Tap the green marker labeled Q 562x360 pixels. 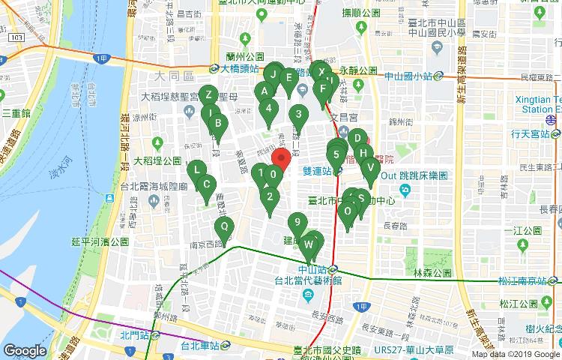(x=223, y=227)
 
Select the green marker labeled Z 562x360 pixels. (x=209, y=95)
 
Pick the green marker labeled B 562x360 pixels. (x=217, y=124)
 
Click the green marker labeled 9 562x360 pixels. (x=297, y=222)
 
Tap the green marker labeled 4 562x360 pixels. (x=269, y=107)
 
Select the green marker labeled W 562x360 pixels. (x=309, y=244)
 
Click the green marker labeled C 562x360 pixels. (x=207, y=184)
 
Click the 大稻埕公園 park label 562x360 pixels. (x=157, y=160)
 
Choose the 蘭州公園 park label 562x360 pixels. (x=246, y=56)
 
